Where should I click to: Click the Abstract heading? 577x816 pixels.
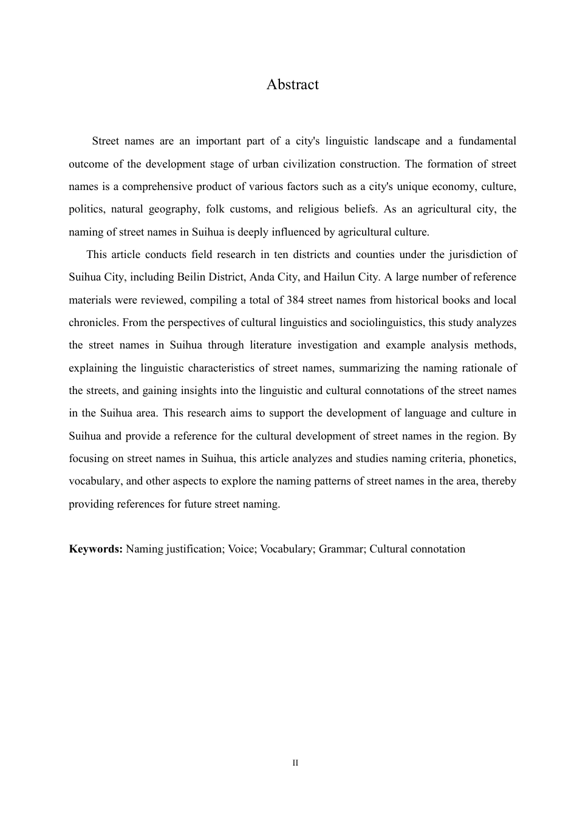coord(292,84)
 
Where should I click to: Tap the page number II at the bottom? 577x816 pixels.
coord(295,763)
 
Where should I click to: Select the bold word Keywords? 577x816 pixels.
coord(96,549)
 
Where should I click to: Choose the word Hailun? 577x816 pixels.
coord(338,277)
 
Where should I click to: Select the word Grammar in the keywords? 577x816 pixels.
coord(340,549)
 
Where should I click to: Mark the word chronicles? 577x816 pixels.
coord(94,322)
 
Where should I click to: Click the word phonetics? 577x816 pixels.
coord(493,458)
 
